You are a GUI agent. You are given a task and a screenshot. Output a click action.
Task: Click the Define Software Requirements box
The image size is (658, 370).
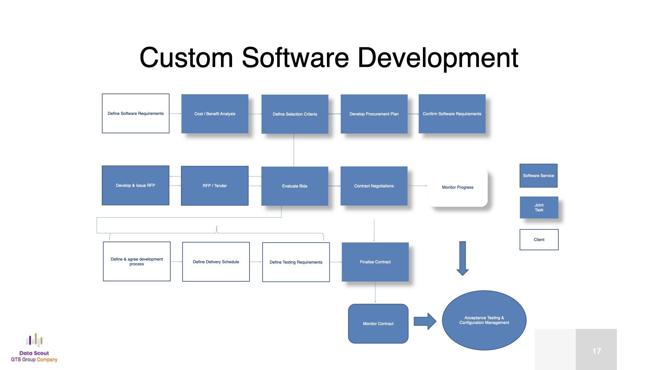click(136, 113)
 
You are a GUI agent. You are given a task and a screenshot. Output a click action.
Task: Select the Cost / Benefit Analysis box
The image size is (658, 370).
click(215, 114)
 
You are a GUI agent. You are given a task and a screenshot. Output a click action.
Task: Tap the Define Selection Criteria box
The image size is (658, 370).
click(295, 114)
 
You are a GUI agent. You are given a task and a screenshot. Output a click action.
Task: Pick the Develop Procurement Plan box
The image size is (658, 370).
click(374, 114)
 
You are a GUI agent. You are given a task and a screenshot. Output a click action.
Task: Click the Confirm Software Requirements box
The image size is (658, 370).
click(452, 114)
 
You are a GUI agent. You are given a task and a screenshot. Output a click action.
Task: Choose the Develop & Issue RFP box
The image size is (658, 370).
click(135, 185)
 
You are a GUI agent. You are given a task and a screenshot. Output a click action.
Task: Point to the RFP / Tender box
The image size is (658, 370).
click(215, 186)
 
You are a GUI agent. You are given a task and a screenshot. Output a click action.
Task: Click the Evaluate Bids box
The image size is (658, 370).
click(295, 186)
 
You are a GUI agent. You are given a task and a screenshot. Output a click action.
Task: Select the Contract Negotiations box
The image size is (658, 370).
click(374, 186)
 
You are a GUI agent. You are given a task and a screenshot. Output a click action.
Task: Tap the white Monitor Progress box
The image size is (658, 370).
click(458, 187)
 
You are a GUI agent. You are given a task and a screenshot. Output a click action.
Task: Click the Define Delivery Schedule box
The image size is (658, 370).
click(216, 262)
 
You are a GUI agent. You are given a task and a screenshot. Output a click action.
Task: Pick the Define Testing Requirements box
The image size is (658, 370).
click(296, 262)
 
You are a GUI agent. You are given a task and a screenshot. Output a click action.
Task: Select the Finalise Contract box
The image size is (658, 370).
click(375, 262)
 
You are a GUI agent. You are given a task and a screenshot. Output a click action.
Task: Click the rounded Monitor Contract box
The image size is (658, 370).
click(378, 323)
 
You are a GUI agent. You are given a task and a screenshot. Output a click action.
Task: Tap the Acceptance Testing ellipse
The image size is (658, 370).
click(484, 320)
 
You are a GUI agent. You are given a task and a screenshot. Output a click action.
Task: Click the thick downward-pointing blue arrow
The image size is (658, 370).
click(463, 258)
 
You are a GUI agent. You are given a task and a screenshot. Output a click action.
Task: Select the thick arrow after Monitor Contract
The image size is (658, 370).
click(425, 321)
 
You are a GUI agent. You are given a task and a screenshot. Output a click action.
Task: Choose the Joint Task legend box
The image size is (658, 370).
click(539, 208)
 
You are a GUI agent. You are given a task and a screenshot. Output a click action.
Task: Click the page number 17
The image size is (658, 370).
click(597, 351)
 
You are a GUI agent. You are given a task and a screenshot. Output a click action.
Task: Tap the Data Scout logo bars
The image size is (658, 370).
click(34, 340)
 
